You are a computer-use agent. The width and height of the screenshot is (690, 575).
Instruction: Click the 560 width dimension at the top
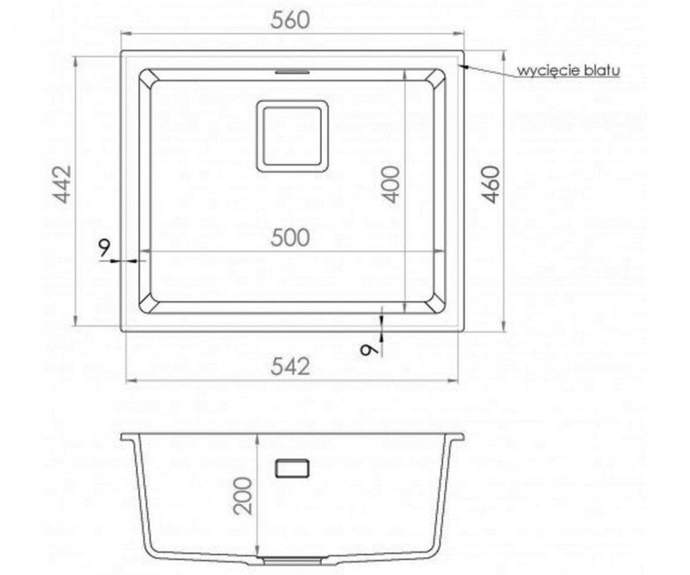point(290,20)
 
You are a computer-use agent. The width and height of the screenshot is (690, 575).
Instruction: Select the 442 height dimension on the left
point(62,184)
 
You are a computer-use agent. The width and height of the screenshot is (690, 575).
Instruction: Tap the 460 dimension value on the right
point(491,184)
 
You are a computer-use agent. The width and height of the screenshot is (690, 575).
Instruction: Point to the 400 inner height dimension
point(392,184)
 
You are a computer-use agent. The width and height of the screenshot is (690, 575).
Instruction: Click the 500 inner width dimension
point(290,238)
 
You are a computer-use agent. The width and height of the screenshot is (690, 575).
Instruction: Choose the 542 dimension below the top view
point(290,366)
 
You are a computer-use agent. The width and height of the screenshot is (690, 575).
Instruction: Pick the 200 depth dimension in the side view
point(244,495)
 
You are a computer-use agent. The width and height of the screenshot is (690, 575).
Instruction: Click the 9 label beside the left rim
point(103,249)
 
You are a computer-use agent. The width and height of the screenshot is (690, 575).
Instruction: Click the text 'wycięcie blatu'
point(569,71)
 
